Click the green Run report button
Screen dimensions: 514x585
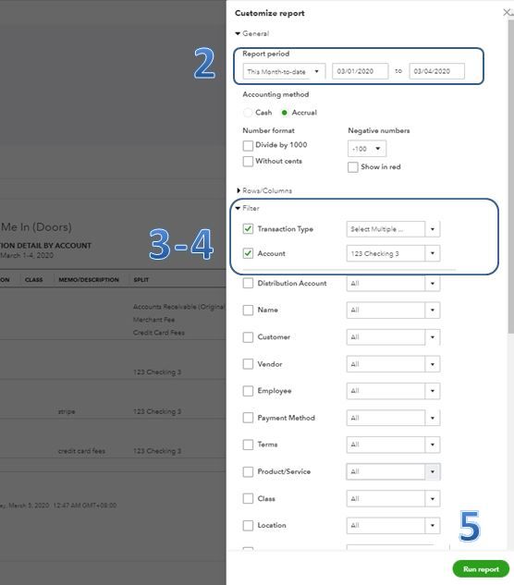[x=481, y=569]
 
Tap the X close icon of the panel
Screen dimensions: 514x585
[x=507, y=13]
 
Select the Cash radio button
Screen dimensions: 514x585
[x=248, y=113]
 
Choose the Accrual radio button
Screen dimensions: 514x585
[x=285, y=113]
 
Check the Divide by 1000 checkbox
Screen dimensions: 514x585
[x=248, y=145]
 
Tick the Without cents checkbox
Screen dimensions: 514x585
[x=248, y=161]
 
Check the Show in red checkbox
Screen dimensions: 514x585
[x=353, y=166]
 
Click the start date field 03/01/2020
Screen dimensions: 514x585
[x=360, y=71]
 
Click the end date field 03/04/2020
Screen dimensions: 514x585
[x=436, y=71]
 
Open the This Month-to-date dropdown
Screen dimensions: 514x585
[x=284, y=71]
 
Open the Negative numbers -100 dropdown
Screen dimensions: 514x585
[x=367, y=149]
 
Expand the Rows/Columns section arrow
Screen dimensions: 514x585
[x=239, y=190]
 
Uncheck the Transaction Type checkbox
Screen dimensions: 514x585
[x=248, y=228]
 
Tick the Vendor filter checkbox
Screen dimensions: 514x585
[x=248, y=364]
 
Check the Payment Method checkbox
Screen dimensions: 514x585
[x=248, y=418]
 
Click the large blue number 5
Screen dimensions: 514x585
[x=470, y=526]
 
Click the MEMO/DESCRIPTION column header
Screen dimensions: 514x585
[x=89, y=279]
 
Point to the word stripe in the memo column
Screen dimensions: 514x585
[x=67, y=411]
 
